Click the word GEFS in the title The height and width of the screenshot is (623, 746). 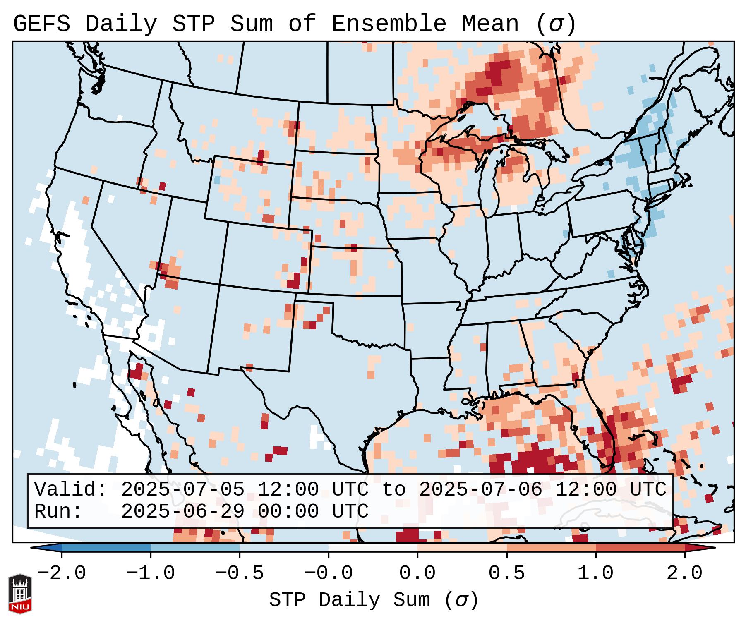pyautogui.click(x=41, y=24)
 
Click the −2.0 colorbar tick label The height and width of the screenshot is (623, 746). pyautogui.click(x=62, y=573)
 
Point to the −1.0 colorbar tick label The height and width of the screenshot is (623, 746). pyautogui.click(x=151, y=573)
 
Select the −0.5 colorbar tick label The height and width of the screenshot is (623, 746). pyautogui.click(x=240, y=573)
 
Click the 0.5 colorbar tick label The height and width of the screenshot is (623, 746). pyautogui.click(x=506, y=573)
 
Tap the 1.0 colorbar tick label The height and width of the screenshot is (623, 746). pyautogui.click(x=595, y=573)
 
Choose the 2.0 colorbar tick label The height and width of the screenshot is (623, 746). pyautogui.click(x=684, y=573)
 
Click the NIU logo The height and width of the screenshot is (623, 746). pyautogui.click(x=20, y=594)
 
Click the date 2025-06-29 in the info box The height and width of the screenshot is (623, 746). pyautogui.click(x=183, y=512)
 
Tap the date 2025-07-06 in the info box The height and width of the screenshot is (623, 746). pyautogui.click(x=480, y=490)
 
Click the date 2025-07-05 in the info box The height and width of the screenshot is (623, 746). pyautogui.click(x=183, y=490)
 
